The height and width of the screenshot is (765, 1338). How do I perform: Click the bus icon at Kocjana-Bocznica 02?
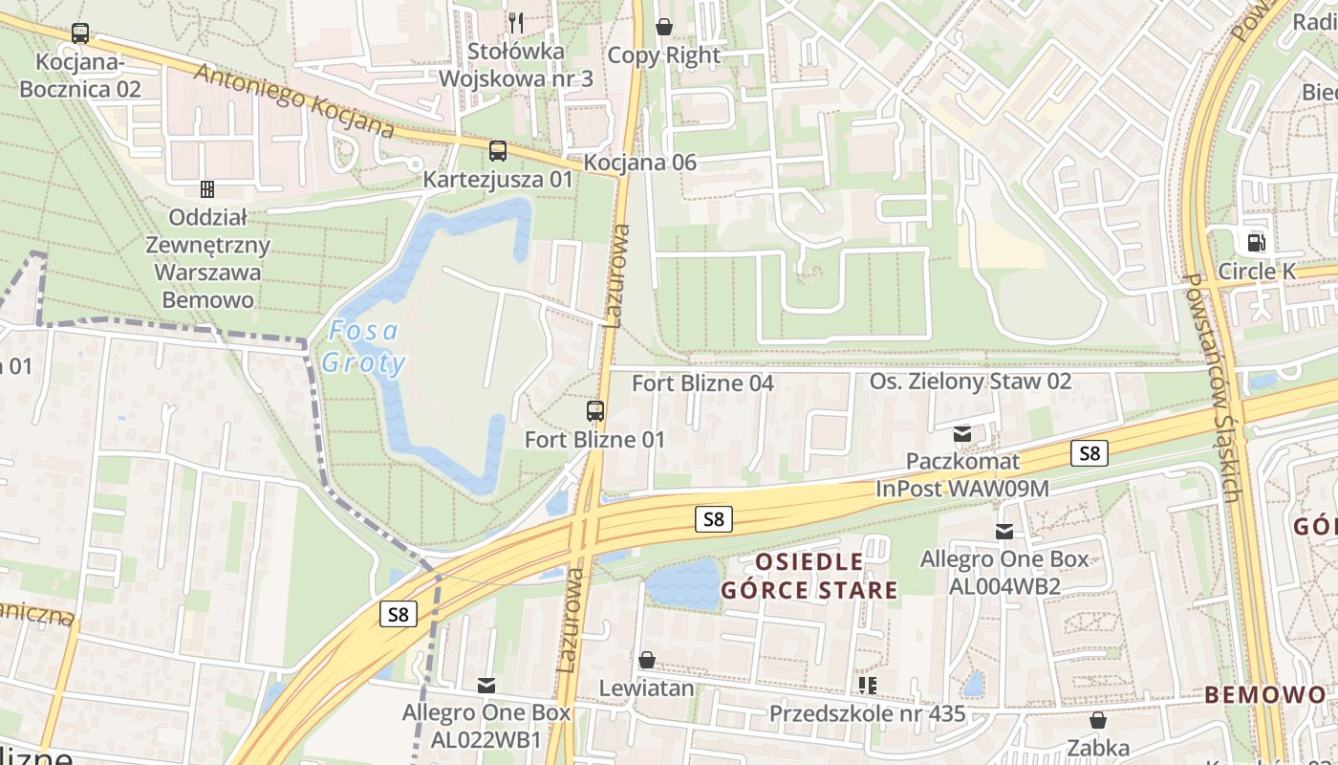[x=80, y=33]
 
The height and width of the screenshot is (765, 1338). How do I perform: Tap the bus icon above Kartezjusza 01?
[x=498, y=150]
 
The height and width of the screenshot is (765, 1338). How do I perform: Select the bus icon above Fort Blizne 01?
[x=595, y=411]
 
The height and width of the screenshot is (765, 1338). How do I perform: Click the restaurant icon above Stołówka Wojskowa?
[x=516, y=21]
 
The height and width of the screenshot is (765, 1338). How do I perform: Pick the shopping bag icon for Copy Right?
[x=663, y=26]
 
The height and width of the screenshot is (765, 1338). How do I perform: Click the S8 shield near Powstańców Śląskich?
[x=1090, y=453]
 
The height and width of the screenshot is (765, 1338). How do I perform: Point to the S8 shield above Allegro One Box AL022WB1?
[x=398, y=614]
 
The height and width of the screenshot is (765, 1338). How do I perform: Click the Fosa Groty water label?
[x=363, y=346]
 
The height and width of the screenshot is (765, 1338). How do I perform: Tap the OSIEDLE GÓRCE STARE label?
[x=809, y=575]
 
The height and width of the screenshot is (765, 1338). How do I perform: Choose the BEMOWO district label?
[x=1265, y=695]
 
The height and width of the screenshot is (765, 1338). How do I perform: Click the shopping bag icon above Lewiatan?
[x=647, y=660]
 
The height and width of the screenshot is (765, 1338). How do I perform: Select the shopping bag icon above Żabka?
[x=1098, y=719]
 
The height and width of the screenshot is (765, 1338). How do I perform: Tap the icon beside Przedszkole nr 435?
[x=868, y=686]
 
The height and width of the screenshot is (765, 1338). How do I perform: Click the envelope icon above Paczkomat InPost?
[x=962, y=434]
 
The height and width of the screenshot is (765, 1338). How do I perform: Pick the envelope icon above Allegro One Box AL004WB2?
[x=1004, y=531]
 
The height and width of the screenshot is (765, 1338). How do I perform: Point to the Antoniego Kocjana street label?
[x=294, y=99]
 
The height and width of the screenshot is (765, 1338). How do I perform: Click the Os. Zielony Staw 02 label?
[x=970, y=382]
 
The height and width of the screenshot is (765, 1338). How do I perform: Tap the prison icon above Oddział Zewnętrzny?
[x=206, y=189]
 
